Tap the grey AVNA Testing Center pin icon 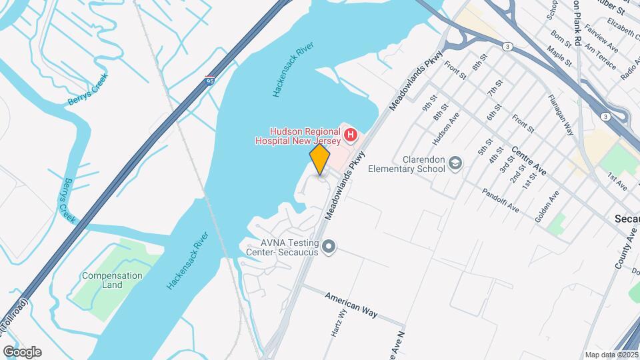tap(328, 247)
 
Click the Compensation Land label tap(112, 280)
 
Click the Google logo tap(22, 351)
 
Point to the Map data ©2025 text tap(611, 355)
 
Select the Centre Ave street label tap(530, 162)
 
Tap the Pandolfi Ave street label tap(503, 199)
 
